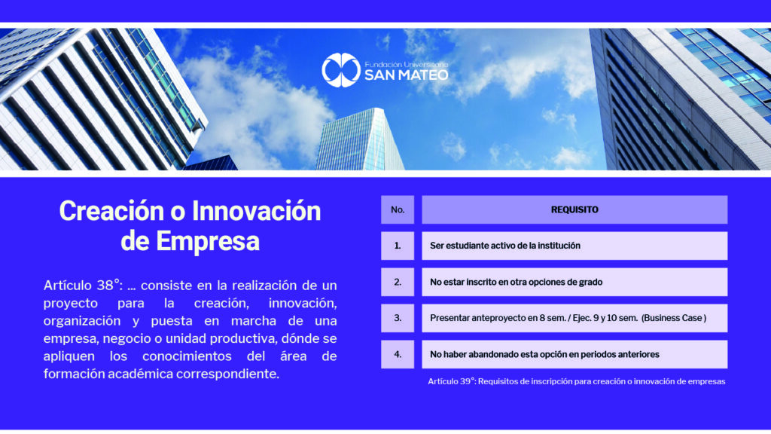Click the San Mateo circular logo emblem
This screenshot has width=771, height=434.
coord(341,70)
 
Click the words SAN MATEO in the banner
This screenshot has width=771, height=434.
coord(406,75)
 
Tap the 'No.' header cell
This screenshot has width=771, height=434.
coord(398,209)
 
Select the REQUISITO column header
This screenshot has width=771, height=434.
coord(574,209)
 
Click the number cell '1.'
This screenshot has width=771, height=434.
coord(398,246)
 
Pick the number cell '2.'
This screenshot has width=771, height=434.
coord(398,282)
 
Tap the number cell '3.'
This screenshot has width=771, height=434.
coord(398,318)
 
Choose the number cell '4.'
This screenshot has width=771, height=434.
coord(398,354)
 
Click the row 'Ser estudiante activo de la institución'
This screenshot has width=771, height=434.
coord(574,246)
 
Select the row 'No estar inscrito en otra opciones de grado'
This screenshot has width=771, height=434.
coord(574,282)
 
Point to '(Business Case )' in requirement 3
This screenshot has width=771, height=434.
coord(674,318)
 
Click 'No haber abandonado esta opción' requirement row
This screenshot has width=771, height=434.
coord(574,354)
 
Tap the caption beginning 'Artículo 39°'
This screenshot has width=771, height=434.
coord(576,381)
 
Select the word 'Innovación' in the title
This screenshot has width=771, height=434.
coord(256,211)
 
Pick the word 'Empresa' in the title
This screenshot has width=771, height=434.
coord(208,242)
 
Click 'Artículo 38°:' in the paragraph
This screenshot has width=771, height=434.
coord(83,286)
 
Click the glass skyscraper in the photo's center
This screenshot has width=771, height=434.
coord(359,139)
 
